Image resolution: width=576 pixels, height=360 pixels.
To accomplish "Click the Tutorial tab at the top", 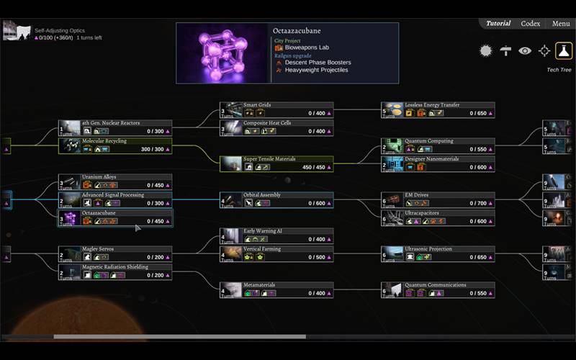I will click(498, 24).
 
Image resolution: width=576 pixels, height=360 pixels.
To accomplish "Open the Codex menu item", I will click(531, 24).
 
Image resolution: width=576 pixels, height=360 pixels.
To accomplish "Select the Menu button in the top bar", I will click(561, 24).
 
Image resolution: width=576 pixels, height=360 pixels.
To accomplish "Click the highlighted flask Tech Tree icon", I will click(564, 50).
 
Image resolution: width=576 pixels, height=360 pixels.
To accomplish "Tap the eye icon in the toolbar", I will click(525, 50).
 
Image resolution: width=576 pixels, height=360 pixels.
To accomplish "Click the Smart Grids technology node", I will click(276, 109).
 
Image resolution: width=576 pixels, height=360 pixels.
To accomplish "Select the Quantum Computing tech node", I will click(438, 145).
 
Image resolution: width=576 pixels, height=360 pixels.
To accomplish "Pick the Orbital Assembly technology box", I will click(276, 199).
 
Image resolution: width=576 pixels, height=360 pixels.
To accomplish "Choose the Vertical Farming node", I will click(276, 253).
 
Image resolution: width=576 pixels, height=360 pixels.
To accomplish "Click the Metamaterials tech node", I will click(276, 289).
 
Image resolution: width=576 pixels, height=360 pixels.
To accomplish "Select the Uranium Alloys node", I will click(115, 181).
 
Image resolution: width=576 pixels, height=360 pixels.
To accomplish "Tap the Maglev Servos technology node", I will click(115, 253).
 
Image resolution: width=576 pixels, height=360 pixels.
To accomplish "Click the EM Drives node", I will click(438, 199).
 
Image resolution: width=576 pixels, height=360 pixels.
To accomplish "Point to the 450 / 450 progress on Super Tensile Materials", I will click(315, 167).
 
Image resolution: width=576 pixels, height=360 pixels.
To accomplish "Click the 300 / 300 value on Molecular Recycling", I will click(153, 149).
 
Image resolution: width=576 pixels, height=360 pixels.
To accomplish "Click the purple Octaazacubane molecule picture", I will click(222, 53).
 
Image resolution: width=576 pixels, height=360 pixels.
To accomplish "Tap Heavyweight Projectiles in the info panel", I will click(316, 70).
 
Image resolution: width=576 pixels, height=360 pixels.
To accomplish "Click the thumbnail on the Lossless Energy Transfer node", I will click(392, 109).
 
